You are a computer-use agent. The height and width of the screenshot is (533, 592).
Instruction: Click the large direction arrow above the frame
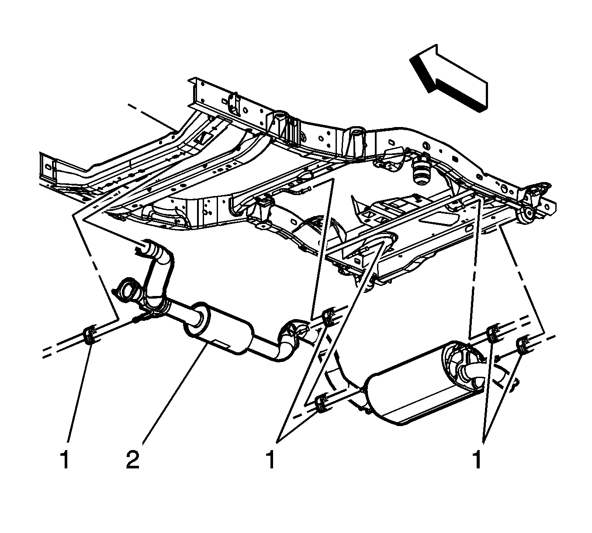coord(449,78)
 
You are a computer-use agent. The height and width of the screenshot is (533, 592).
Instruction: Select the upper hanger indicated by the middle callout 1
coord(329,318)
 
